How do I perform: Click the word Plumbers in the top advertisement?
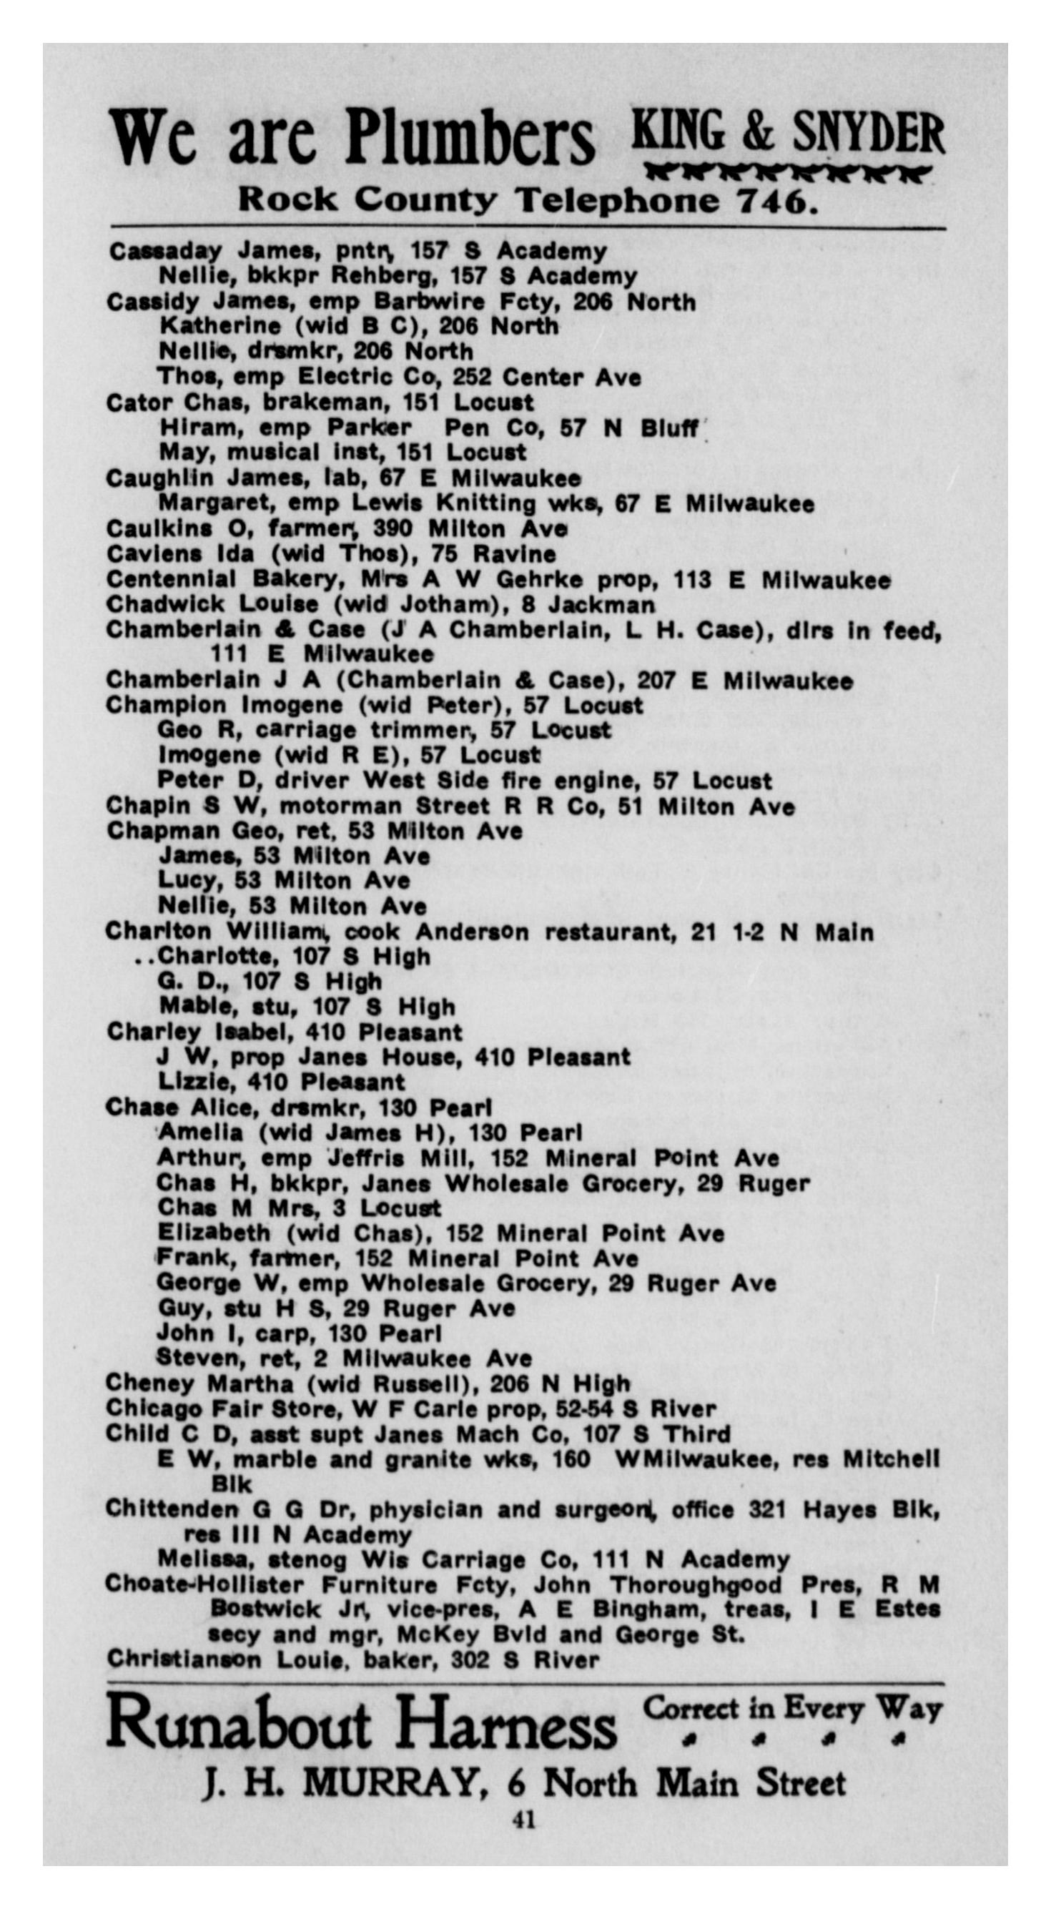(470, 139)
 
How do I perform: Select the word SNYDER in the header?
(868, 134)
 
